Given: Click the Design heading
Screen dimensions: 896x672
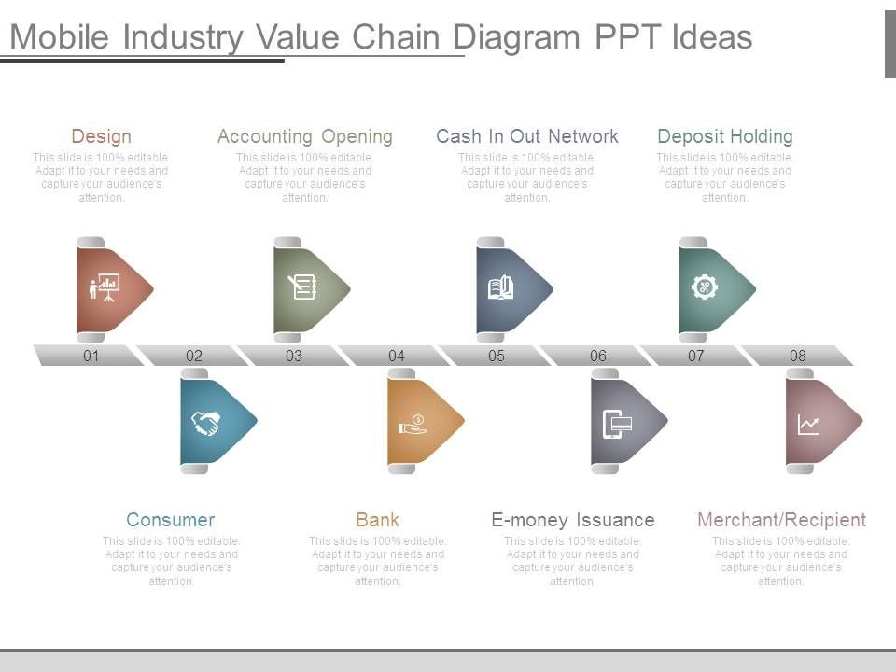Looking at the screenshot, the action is pos(101,137).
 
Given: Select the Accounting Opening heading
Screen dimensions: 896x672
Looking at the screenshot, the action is pos(304,137).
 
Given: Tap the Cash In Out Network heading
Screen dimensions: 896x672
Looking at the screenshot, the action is pos(526,136).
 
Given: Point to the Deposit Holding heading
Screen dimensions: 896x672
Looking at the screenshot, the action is pos(725,137).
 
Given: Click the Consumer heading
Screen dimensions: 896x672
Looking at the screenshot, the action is pos(170,520).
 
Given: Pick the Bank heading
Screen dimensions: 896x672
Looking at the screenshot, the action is pos(377,520).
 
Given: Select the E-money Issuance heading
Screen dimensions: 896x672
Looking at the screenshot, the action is pos(572,520).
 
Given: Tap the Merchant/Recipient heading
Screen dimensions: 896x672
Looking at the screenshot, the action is pos(782,520).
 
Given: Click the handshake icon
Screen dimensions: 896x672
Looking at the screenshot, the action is pos(205,424).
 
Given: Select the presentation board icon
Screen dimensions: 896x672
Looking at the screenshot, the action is pos(104,287).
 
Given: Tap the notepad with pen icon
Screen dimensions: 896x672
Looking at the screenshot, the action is pos(302,287).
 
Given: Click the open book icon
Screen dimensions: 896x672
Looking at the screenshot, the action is pos(500,287).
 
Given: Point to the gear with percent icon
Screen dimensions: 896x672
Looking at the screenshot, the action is pos(705,287).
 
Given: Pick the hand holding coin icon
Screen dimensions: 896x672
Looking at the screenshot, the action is pos(413,425).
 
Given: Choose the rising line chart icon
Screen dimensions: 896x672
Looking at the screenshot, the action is pos(808,426).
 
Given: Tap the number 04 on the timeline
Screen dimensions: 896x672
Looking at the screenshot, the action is pos(396,356).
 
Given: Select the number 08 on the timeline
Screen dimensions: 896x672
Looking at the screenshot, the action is pos(798,356).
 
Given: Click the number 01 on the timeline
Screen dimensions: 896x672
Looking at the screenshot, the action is pos(91,356).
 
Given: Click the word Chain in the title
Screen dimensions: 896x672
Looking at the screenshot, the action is pos(396,37).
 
